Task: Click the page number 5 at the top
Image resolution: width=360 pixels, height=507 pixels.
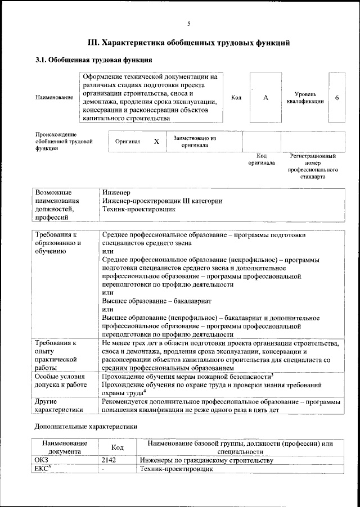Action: click(x=188, y=23)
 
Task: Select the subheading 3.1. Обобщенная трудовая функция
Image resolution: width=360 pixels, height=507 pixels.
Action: click(x=93, y=60)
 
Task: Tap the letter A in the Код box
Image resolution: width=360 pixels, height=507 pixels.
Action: click(x=265, y=98)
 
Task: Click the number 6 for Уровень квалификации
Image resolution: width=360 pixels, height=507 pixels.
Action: click(x=336, y=98)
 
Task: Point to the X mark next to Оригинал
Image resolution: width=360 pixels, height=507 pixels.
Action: click(x=156, y=142)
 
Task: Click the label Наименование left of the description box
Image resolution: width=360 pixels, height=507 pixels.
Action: click(x=54, y=98)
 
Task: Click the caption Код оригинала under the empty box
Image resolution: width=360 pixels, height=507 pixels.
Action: click(x=262, y=159)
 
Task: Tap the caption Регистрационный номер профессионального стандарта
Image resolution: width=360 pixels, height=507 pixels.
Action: click(x=313, y=166)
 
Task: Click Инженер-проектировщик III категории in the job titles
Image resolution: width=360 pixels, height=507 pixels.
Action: click(x=162, y=201)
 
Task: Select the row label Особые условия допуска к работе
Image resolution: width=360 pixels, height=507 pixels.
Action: click(x=61, y=380)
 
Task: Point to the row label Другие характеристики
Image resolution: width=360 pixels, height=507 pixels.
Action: click(x=58, y=406)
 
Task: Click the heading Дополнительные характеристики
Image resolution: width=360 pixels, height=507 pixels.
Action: click(x=85, y=427)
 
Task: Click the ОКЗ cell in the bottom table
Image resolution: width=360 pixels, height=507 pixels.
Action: click(x=42, y=460)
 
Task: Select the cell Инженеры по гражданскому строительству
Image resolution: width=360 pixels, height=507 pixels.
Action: click(x=206, y=460)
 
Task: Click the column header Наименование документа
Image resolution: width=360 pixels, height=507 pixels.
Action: click(x=64, y=447)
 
